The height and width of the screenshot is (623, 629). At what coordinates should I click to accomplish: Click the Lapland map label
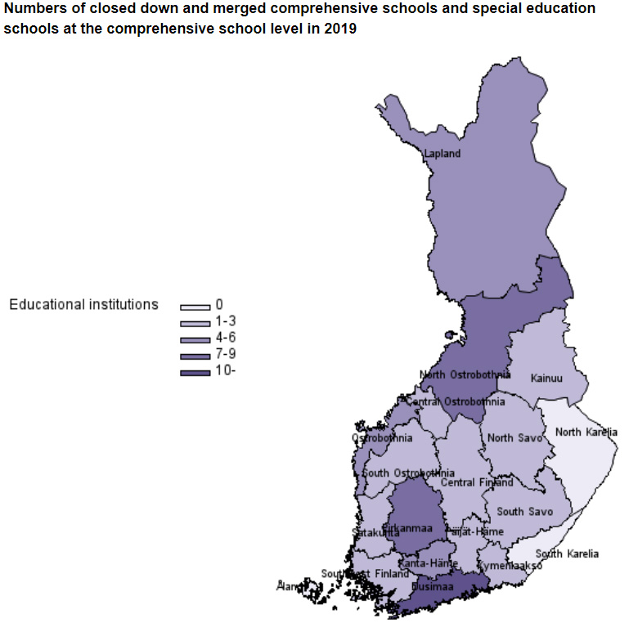tap(443, 154)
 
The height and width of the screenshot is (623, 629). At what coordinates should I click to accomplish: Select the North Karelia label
tap(586, 432)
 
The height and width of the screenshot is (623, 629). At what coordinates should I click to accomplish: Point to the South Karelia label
tap(567, 554)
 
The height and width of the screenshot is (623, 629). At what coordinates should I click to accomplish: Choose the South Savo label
tap(524, 511)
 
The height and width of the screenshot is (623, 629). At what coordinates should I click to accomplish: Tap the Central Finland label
tap(477, 482)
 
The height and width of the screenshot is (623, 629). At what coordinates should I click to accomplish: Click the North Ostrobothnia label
tap(465, 374)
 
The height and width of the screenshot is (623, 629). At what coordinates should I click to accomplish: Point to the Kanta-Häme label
tap(428, 563)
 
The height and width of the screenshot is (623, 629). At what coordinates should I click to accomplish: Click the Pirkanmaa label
tap(407, 528)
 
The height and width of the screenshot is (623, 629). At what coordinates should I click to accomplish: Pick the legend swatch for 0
tap(195, 307)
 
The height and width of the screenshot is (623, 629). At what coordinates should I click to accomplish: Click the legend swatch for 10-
tap(195, 374)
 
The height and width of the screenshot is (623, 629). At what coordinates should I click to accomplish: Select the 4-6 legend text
tap(226, 337)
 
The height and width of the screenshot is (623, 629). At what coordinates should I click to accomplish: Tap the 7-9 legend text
tap(226, 353)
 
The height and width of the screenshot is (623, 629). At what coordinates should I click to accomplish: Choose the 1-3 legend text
tap(226, 320)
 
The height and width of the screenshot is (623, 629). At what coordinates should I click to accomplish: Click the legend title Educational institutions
tap(83, 304)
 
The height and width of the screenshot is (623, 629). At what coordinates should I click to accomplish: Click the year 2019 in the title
tap(339, 29)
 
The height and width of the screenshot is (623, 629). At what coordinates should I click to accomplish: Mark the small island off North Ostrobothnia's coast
tap(448, 334)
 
